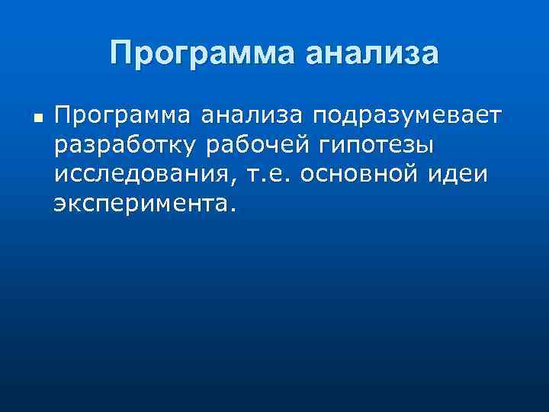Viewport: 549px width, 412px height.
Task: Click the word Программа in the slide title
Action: (x=195, y=54)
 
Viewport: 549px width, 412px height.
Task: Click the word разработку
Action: (x=129, y=145)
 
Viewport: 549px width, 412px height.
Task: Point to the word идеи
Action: (x=459, y=175)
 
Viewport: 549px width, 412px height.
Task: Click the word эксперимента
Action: (x=140, y=204)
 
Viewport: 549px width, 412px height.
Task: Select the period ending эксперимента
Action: (x=226, y=209)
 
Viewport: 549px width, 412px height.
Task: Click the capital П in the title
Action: (x=120, y=53)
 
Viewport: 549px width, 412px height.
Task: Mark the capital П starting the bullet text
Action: (x=62, y=115)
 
